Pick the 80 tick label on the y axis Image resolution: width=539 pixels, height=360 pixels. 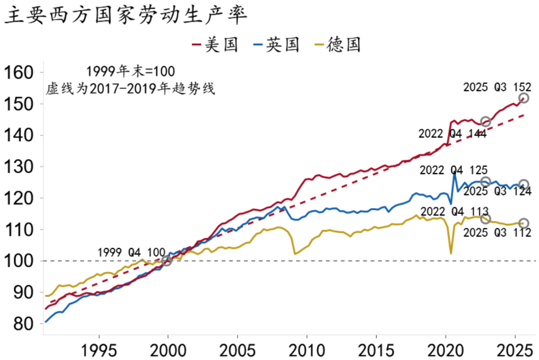[23, 324]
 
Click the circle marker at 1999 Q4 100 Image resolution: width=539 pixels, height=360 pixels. [167, 260]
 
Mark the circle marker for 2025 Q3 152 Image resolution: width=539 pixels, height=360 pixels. [524, 98]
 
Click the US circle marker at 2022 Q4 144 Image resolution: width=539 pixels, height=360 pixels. [486, 122]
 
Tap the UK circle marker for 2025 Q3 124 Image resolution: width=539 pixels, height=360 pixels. [524, 185]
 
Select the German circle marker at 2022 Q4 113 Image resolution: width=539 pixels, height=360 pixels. [486, 219]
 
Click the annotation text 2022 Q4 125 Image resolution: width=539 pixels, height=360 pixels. [453, 170]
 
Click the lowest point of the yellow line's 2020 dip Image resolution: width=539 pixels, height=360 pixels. [451, 254]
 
